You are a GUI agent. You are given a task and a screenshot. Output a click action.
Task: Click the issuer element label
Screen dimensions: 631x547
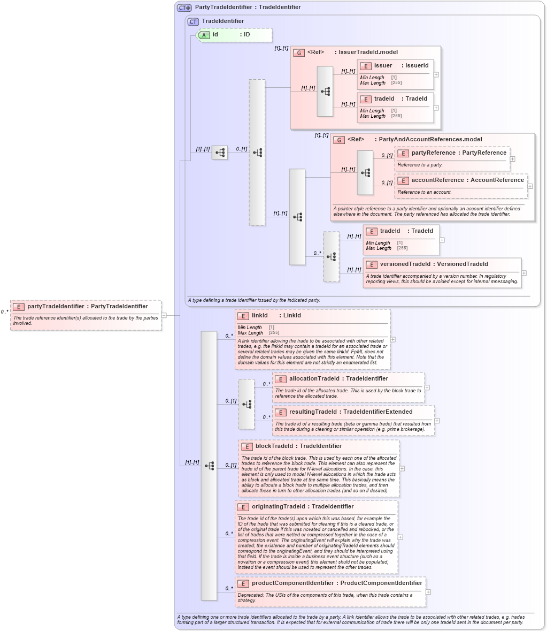point(383,66)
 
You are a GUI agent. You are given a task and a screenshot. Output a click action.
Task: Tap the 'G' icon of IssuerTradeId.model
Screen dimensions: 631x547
point(298,53)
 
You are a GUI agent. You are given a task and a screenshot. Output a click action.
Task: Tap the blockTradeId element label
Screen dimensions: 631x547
point(274,446)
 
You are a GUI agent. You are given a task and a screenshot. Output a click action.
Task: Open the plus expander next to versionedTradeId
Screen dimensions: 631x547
point(524,273)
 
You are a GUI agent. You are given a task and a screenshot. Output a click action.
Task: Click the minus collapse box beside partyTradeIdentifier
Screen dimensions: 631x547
point(164,315)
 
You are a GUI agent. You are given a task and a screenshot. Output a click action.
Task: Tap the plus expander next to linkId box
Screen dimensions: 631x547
point(393,339)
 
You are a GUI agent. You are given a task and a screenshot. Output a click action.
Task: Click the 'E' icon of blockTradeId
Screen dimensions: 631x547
point(246,446)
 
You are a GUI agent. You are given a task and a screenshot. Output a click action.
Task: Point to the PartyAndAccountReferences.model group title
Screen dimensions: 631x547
point(430,140)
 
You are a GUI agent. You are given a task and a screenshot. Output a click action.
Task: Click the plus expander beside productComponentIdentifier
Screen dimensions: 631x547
point(428,592)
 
